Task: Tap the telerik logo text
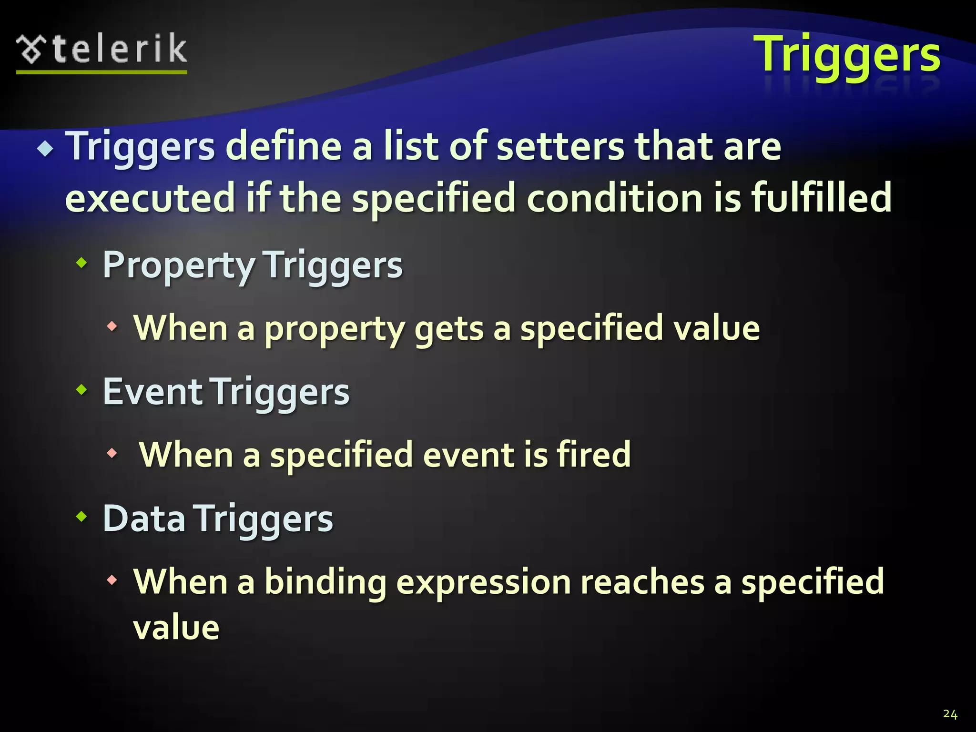[x=119, y=49]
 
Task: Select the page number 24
[x=950, y=714]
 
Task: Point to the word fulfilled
[x=821, y=198]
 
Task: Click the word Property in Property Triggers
[x=179, y=265]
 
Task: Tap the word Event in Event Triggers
[x=152, y=392]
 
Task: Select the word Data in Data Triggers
[x=144, y=518]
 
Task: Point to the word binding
[x=325, y=582]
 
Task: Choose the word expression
[x=483, y=583]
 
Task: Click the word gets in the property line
[x=448, y=329]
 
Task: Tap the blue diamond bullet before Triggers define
[x=46, y=149]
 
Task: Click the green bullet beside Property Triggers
[x=82, y=262]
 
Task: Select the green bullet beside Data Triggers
[x=82, y=516]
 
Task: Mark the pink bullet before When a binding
[x=112, y=580]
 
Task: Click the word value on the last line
[x=176, y=628]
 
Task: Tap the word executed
[x=150, y=198]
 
